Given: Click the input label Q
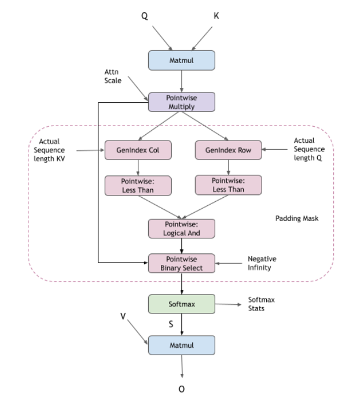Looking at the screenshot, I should click(146, 17).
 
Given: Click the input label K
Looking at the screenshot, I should click(216, 17).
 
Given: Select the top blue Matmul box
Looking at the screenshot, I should click(182, 60).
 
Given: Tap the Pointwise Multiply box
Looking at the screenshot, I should click(182, 102).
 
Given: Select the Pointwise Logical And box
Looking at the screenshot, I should click(181, 228).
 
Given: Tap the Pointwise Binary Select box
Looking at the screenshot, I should click(182, 263).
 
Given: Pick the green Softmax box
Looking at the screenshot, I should click(182, 303).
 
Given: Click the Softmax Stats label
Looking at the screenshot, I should click(260, 304).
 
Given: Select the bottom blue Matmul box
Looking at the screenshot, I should click(182, 345).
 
